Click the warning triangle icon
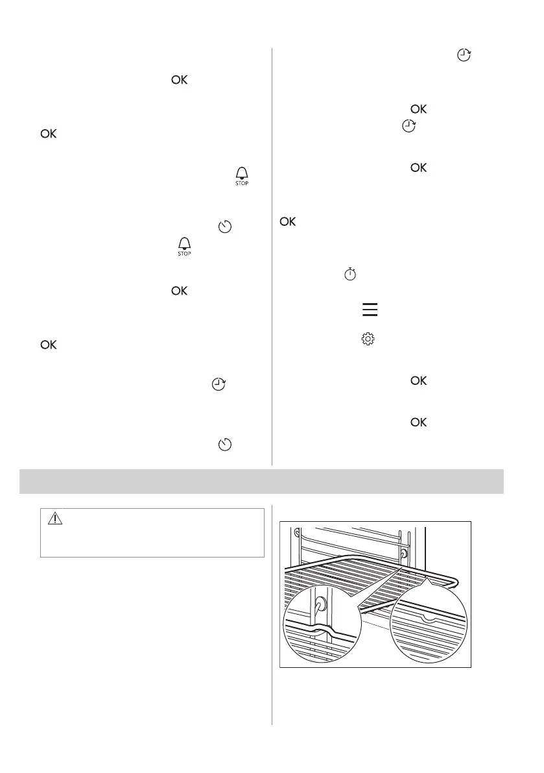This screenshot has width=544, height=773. coord(55,519)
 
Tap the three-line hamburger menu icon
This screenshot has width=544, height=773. coord(370,311)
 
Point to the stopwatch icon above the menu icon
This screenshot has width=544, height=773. coord(350,275)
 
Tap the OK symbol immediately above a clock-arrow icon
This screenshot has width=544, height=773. coord(418,110)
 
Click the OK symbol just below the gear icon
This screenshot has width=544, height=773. coord(418,382)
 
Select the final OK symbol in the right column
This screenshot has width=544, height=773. coord(418,423)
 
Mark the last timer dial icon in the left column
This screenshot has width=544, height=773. coord(226,445)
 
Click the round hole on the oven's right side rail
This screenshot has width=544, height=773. coord(405,554)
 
